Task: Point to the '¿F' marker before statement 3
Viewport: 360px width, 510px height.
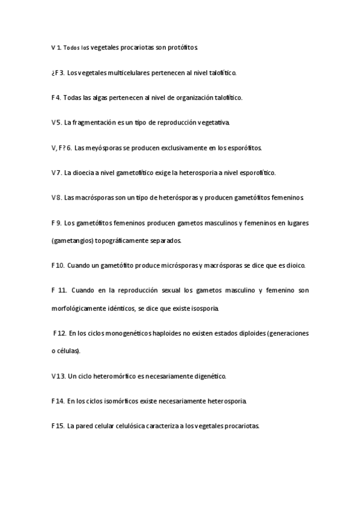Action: [55, 73]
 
